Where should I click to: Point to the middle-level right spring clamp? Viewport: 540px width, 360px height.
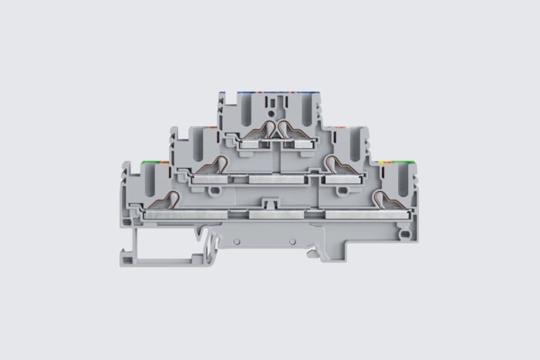coord(336,164)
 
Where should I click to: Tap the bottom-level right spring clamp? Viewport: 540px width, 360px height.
coord(382,200)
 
